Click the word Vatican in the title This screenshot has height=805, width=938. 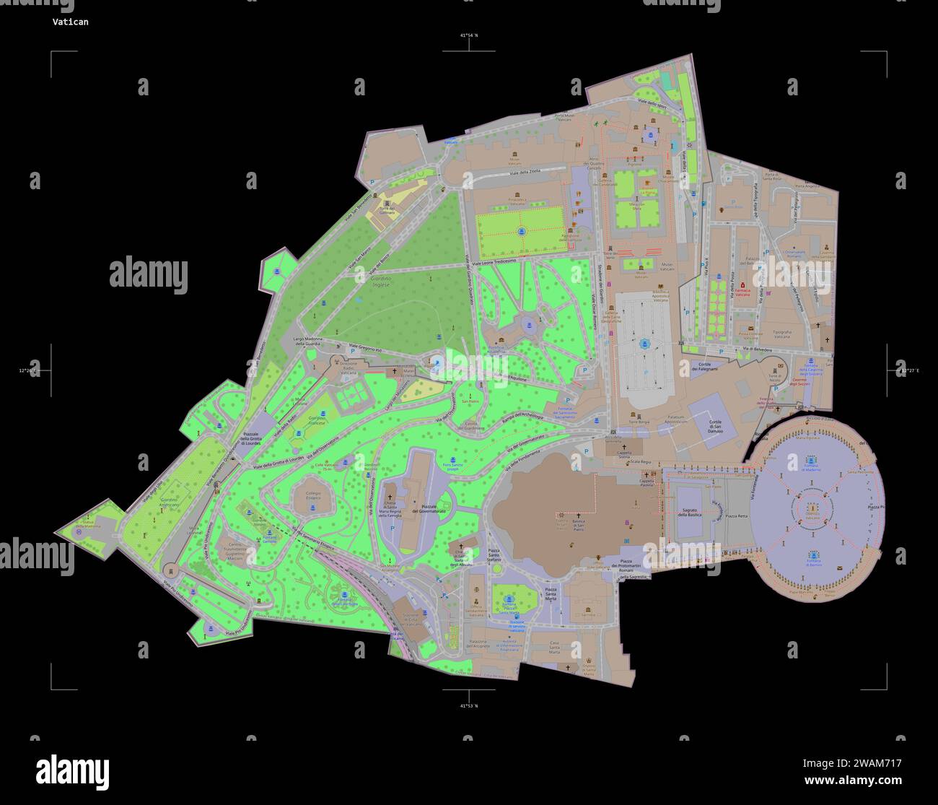pyautogui.click(x=70, y=22)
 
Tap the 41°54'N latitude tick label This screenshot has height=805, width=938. pyautogui.click(x=469, y=35)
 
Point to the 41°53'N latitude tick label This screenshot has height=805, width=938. pyautogui.click(x=469, y=705)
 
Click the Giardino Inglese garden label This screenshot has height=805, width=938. pyautogui.click(x=380, y=281)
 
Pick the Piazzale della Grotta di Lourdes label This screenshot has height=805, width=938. pyautogui.click(x=255, y=438)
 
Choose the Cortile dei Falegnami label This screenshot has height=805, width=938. pyautogui.click(x=704, y=367)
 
